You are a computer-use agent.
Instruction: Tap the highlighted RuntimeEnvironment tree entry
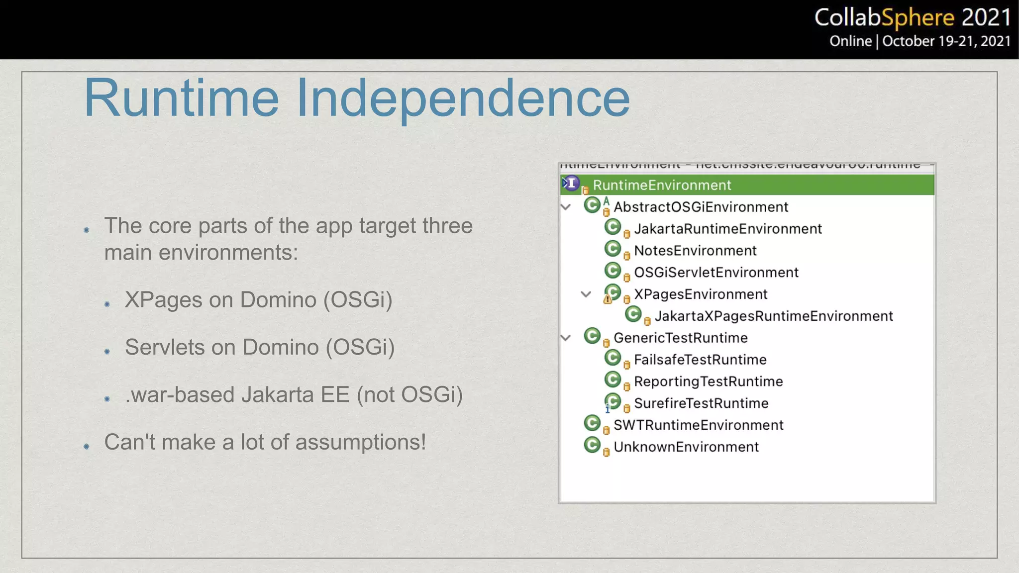pyautogui.click(x=662, y=185)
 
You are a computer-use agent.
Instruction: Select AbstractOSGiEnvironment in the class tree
pyautogui.click(x=701, y=207)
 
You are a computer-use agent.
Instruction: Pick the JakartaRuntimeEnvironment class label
pyautogui.click(x=727, y=229)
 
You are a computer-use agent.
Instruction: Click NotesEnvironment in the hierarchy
pyautogui.click(x=695, y=251)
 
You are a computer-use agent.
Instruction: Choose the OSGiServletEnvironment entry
pyautogui.click(x=716, y=273)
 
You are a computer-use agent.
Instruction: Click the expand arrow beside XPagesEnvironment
pyautogui.click(x=586, y=294)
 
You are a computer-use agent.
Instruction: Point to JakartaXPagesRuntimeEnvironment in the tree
pyautogui.click(x=774, y=316)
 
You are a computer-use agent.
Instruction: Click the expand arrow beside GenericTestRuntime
pyautogui.click(x=566, y=338)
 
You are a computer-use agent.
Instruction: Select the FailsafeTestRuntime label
pyautogui.click(x=700, y=360)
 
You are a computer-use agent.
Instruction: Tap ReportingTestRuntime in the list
pyautogui.click(x=709, y=382)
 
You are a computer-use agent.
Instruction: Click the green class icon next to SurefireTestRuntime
pyautogui.click(x=613, y=401)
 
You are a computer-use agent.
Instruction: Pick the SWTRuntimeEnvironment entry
pyautogui.click(x=699, y=425)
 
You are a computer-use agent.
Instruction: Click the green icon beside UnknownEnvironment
pyautogui.click(x=592, y=445)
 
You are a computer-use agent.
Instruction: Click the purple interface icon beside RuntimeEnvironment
pyautogui.click(x=571, y=184)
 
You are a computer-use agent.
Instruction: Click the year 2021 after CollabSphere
pyautogui.click(x=986, y=18)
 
